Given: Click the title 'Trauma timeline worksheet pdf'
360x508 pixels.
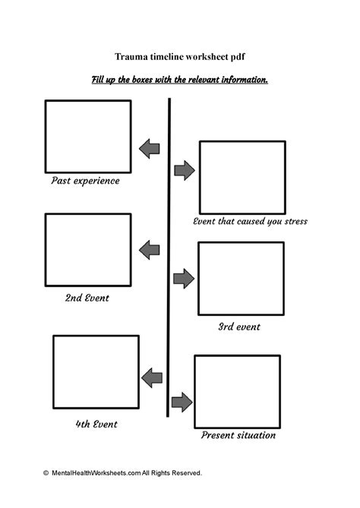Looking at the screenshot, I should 179,57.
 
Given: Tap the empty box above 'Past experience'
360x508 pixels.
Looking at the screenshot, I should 87,136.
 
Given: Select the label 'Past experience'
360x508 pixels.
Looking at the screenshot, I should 85,181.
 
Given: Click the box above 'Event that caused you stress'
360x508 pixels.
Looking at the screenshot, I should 242,176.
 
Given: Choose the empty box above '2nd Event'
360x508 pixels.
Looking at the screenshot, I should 87,248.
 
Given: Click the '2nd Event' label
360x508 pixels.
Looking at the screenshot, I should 87,298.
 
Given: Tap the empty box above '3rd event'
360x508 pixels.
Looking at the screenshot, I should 241,278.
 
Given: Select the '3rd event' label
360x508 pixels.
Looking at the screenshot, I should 239,327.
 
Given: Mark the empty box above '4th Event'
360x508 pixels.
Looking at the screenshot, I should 96,371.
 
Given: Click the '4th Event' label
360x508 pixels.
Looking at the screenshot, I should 96,423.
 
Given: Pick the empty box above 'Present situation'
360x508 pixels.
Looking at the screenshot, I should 237,390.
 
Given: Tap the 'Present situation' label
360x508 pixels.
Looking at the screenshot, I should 238,436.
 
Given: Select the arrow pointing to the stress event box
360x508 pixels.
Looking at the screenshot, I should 184,171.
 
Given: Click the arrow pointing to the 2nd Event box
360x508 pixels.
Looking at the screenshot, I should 150,248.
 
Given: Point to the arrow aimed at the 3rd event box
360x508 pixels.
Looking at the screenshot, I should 184,278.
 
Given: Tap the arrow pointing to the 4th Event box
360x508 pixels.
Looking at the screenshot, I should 153,375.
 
